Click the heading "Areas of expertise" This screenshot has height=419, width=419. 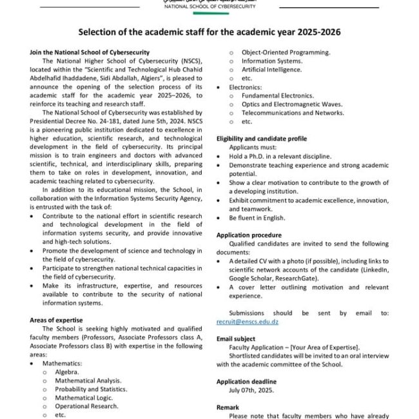[x=55, y=320]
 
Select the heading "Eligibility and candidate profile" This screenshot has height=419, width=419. [x=262, y=139]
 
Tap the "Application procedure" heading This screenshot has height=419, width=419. [x=249, y=235]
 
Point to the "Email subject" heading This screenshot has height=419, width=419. [x=236, y=338]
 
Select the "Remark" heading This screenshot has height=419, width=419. [x=228, y=407]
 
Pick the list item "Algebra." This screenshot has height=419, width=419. [x=67, y=372]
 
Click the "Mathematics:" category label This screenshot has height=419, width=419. [x=62, y=363]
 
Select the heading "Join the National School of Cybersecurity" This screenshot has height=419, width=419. [x=90, y=52]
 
